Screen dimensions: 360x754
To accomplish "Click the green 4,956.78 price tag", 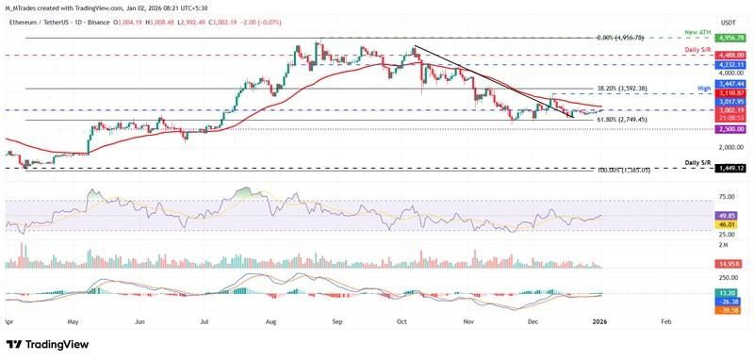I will [x=729, y=38].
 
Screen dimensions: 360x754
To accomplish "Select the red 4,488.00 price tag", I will [x=729, y=56].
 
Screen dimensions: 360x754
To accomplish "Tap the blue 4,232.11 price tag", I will [x=729, y=64].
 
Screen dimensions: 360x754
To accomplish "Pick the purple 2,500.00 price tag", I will [x=729, y=129].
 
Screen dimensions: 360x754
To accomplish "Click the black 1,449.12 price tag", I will [x=729, y=168].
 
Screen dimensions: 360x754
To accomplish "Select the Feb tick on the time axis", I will [x=665, y=320].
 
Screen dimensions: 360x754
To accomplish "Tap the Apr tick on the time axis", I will [x=9, y=320].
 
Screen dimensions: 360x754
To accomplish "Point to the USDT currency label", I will [x=728, y=23].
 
